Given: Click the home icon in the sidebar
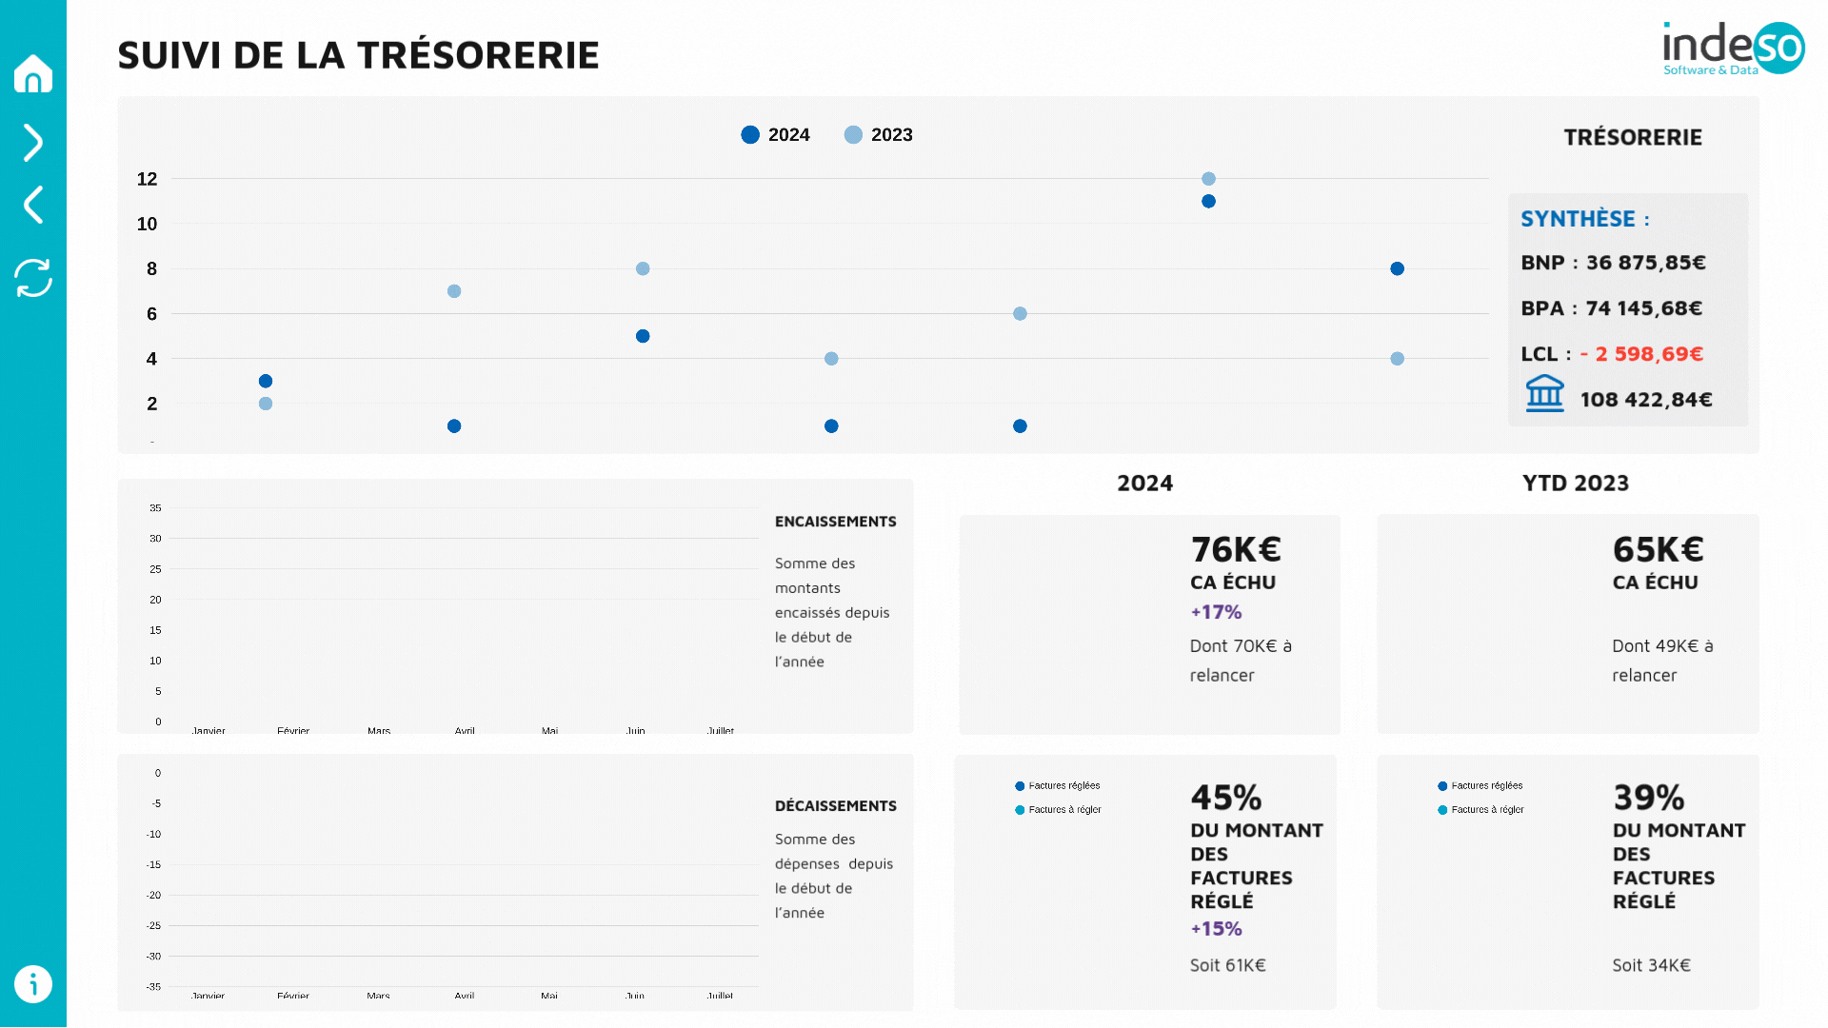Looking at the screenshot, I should [x=33, y=73].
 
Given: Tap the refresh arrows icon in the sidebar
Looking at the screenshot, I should [x=33, y=278].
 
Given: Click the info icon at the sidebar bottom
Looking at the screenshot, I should [x=33, y=984].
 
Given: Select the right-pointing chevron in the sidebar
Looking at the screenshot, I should [x=33, y=143].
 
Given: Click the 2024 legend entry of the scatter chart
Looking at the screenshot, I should [x=776, y=135].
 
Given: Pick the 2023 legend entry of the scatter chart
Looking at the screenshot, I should [x=879, y=135].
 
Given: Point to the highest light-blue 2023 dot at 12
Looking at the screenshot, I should [x=1208, y=179].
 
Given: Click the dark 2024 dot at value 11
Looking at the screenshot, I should [x=1208, y=201].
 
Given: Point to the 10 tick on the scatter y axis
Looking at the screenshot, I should [x=147, y=224].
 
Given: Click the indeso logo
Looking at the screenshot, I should [x=1732, y=48].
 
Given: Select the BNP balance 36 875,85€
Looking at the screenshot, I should [x=1645, y=263].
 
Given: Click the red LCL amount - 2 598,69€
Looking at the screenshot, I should [x=1641, y=354].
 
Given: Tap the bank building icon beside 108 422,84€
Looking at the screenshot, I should [x=1544, y=393].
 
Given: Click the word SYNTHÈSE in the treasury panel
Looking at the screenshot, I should [x=1578, y=219].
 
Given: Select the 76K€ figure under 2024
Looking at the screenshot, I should [x=1235, y=549].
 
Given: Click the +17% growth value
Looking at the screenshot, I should [x=1216, y=612].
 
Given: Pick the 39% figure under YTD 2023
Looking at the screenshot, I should [x=1648, y=798].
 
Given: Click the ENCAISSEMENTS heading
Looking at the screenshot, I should [x=835, y=522].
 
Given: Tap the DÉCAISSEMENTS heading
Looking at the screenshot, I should [x=835, y=806].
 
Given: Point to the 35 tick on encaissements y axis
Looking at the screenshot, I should [x=155, y=508].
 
